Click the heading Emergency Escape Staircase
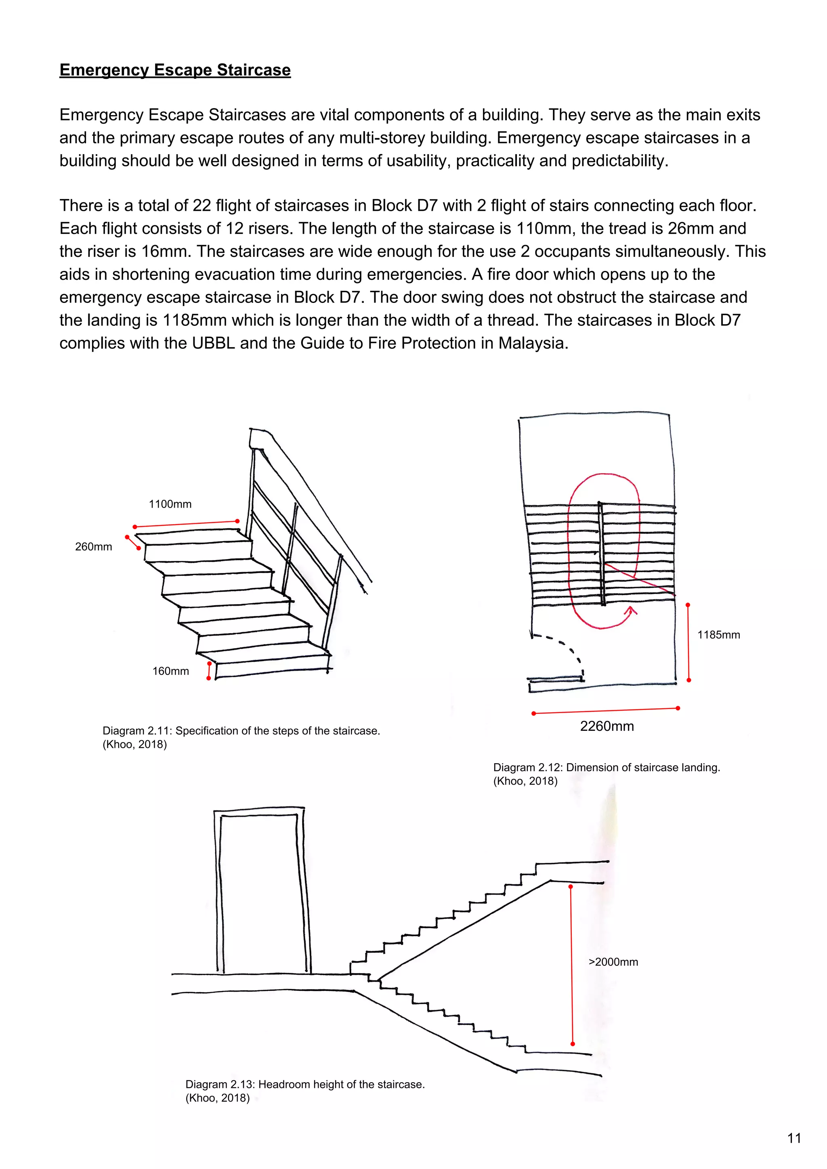point(175,70)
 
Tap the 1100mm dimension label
point(170,504)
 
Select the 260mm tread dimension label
point(93,547)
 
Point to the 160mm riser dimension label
point(170,671)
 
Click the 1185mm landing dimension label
point(718,635)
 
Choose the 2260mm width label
point(607,726)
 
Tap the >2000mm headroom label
point(613,962)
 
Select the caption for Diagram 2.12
point(606,774)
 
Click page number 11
point(794,1138)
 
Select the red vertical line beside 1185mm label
point(688,642)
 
